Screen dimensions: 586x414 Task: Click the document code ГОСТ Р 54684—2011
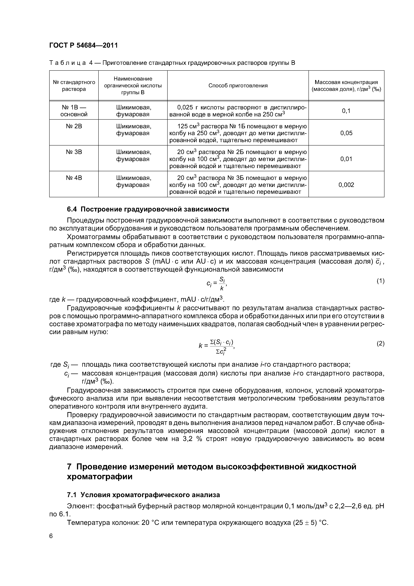(x=83, y=45)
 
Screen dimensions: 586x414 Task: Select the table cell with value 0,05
(x=346, y=133)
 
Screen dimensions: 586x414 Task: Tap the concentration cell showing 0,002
(x=346, y=185)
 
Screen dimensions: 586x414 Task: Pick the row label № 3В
(x=74, y=152)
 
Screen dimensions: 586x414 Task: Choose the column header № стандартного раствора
(x=74, y=86)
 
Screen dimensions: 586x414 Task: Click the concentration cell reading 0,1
(x=346, y=111)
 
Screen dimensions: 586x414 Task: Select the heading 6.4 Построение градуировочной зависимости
(x=148, y=209)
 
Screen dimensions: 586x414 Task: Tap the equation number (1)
(x=380, y=281)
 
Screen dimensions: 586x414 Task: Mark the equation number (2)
(x=380, y=344)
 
